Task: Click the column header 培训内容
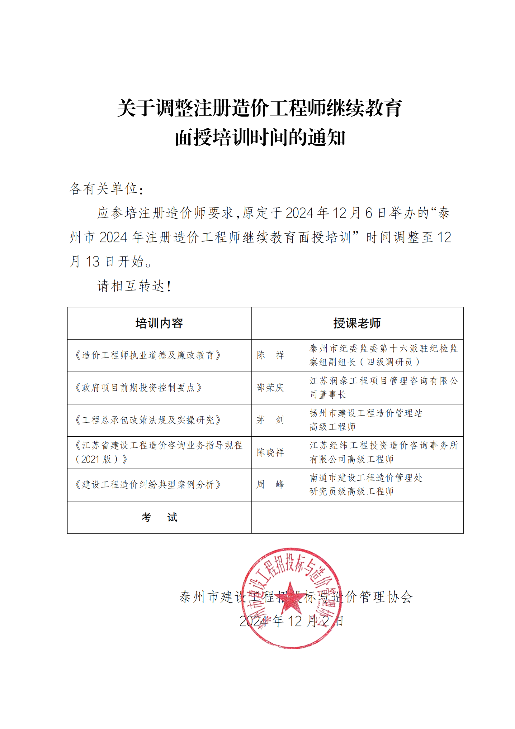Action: (x=159, y=323)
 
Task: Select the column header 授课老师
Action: (x=357, y=323)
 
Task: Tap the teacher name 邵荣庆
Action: (x=270, y=388)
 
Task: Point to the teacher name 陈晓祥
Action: (x=270, y=453)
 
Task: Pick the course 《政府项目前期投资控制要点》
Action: (x=138, y=388)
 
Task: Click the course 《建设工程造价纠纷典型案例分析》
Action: (x=148, y=485)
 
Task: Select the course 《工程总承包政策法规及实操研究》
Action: (x=148, y=420)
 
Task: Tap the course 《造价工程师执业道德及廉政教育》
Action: (x=148, y=355)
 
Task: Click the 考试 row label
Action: (x=159, y=518)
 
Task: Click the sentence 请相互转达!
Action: (x=134, y=286)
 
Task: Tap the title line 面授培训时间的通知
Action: (x=260, y=137)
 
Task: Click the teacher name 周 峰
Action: (x=270, y=485)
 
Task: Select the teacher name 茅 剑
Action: (x=270, y=420)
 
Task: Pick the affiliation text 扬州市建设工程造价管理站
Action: (x=366, y=413)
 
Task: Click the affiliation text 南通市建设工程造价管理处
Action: (x=366, y=478)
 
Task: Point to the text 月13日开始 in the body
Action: (x=111, y=261)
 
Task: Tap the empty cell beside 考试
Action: (x=357, y=518)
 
